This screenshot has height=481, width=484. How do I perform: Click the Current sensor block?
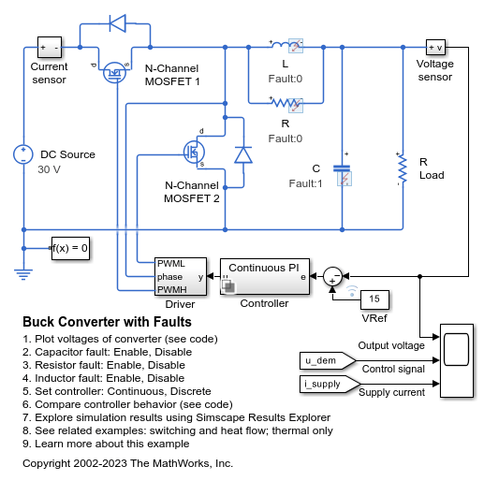50,48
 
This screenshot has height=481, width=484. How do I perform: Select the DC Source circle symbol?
23,154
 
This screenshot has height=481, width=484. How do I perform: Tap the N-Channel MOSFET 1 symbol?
114,72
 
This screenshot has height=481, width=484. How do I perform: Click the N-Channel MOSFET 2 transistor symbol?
194,152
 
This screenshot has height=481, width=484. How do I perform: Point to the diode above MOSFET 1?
118,23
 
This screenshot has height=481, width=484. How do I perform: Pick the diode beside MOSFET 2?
243,155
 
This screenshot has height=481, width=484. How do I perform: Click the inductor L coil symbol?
281,46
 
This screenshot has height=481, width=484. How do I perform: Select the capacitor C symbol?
342,168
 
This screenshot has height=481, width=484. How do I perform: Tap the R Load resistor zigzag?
403,168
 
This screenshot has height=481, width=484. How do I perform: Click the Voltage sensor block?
435,48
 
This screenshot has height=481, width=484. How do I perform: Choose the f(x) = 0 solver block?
70,248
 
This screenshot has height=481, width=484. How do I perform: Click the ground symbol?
23,274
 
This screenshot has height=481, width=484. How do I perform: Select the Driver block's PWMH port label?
172,290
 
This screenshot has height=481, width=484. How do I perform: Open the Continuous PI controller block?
265,276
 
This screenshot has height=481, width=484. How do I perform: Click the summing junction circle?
332,276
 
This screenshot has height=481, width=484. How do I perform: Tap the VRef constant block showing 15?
374,299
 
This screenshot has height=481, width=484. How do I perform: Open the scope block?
457,360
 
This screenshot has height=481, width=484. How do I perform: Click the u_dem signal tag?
328,360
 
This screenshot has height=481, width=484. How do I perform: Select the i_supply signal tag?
330,384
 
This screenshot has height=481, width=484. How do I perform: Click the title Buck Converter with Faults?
107,322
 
